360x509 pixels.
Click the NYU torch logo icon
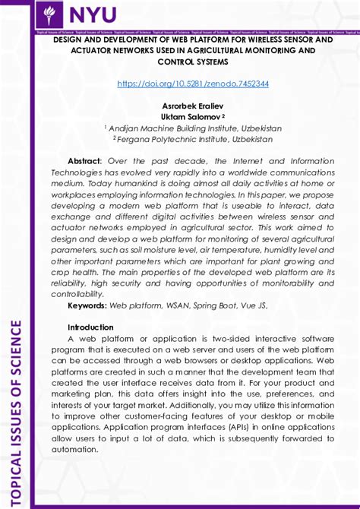51,14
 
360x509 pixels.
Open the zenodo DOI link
193,84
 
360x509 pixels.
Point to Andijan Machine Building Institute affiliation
193,128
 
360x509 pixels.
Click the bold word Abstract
84,161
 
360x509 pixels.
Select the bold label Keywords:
87,305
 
